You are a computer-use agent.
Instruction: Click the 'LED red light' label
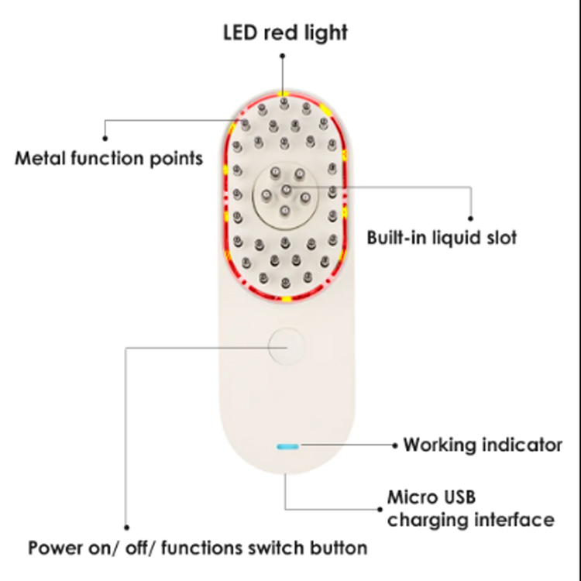pyautogui.click(x=285, y=32)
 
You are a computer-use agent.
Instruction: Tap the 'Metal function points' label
pyautogui.click(x=109, y=158)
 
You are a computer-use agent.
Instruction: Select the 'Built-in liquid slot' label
pyautogui.click(x=442, y=236)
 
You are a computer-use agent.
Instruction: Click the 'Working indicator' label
pyautogui.click(x=483, y=445)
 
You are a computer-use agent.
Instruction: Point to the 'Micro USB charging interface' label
pyautogui.click(x=470, y=507)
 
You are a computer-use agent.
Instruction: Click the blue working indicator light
pyautogui.click(x=288, y=446)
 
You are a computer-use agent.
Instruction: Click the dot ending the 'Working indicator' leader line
pyautogui.click(x=395, y=445)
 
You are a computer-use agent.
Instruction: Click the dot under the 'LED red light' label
pyautogui.click(x=284, y=56)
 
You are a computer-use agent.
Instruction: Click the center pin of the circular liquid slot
pyautogui.click(x=285, y=190)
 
